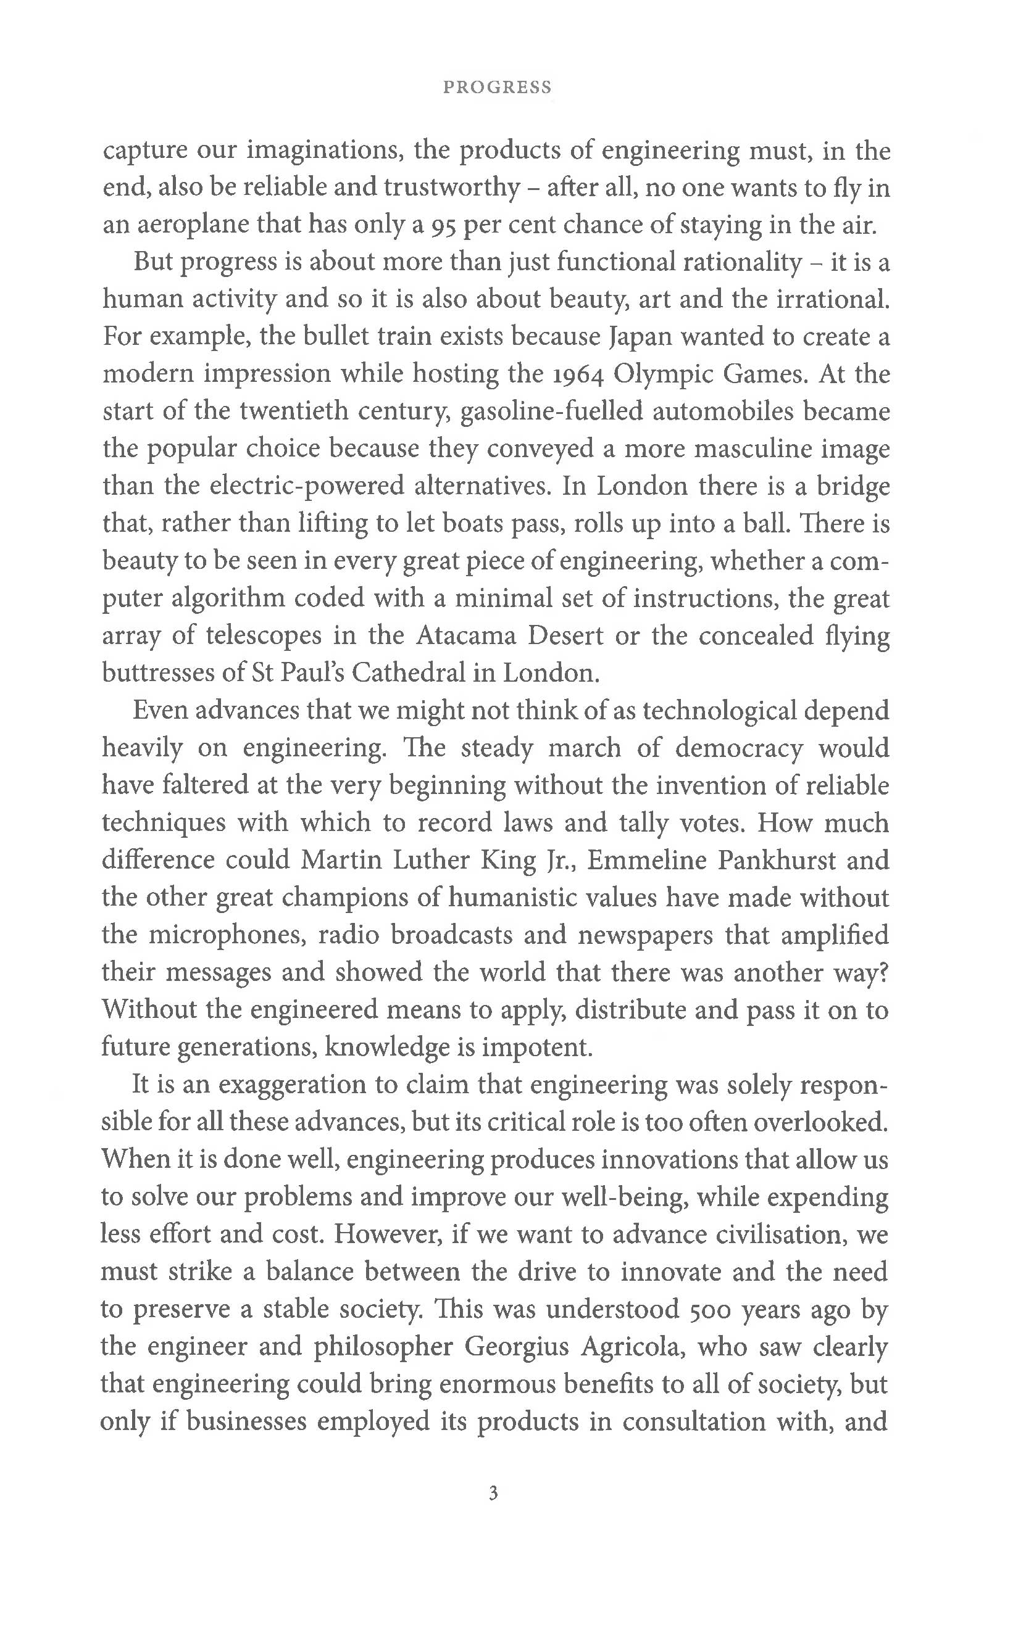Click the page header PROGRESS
pos(497,87)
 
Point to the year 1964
pos(579,374)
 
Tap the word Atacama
pos(465,635)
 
